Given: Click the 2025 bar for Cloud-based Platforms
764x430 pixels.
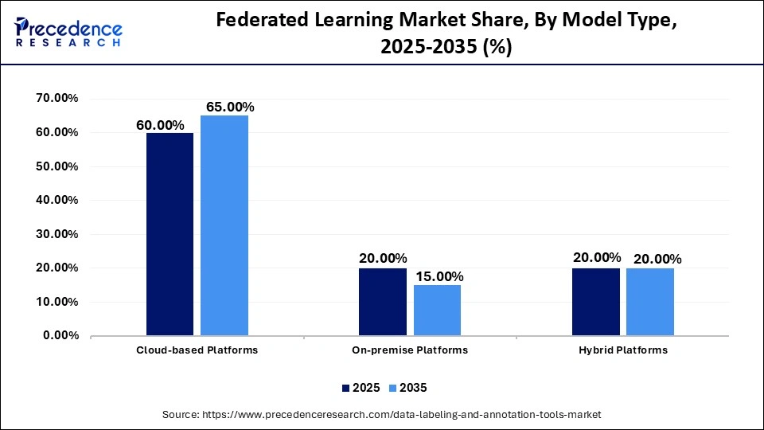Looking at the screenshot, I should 170,234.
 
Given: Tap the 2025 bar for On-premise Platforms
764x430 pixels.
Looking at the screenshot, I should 383,302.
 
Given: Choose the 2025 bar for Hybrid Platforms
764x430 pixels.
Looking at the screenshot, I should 596,302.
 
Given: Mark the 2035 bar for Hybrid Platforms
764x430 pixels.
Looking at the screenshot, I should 650,302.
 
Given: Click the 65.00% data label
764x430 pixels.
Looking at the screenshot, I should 230,107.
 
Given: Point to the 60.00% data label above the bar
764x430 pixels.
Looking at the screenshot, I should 160,125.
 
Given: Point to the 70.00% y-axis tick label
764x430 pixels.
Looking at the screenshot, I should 57,99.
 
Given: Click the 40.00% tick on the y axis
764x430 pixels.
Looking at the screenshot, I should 57,200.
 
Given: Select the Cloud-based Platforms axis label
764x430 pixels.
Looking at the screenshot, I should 197,350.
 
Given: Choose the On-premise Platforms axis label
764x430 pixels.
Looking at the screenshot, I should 410,350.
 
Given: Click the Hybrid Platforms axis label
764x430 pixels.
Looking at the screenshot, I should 623,350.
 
